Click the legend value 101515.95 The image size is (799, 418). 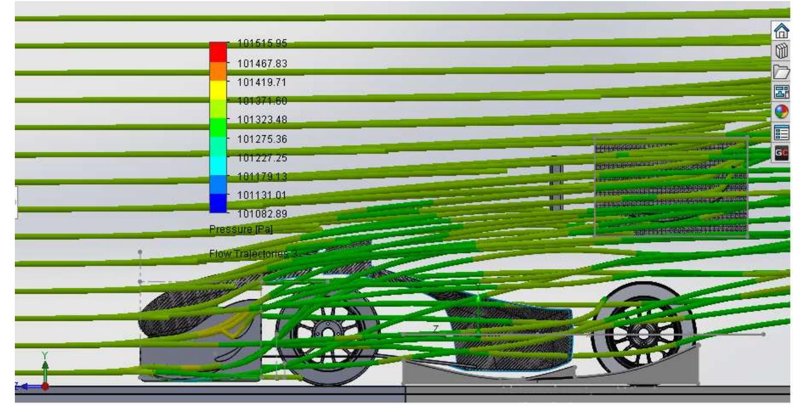coord(262,44)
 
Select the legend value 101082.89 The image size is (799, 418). coord(262,213)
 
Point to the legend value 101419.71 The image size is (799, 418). coord(262,82)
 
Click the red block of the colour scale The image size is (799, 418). coord(218,52)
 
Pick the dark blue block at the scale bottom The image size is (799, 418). coord(218,204)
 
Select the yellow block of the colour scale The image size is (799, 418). coord(218,90)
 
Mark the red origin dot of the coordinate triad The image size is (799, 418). coord(45,386)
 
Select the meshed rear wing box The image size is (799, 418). coord(671,187)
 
